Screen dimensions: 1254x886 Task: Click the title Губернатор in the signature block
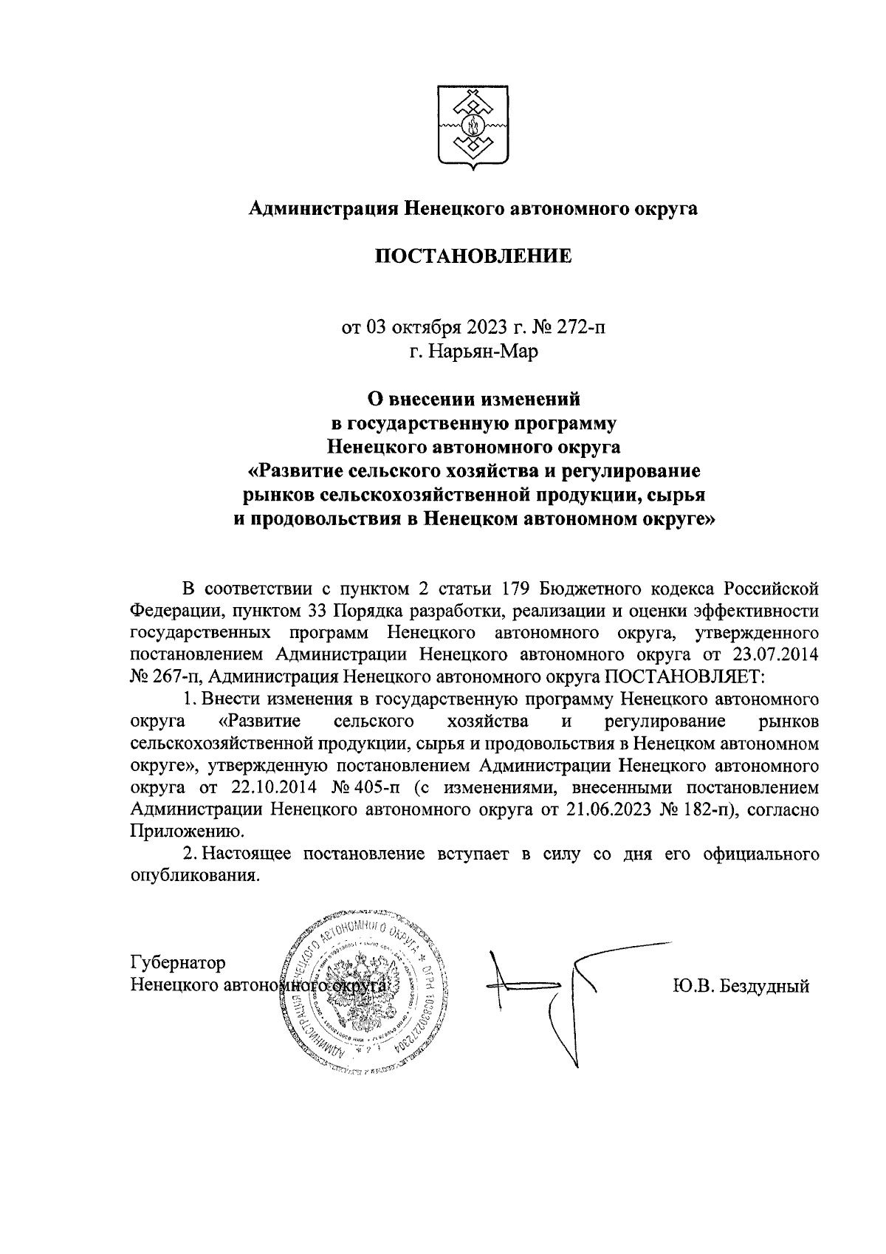[x=178, y=963]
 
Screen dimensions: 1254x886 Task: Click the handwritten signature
[x=546, y=990]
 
